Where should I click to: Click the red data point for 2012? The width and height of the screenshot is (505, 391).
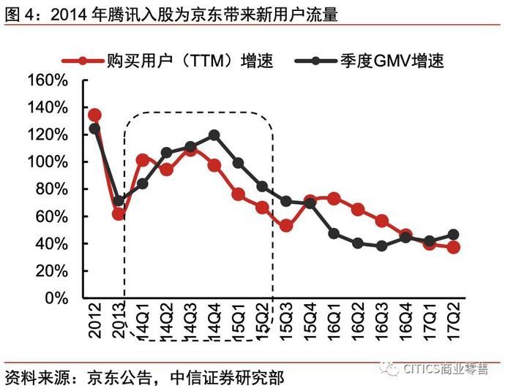click(x=94, y=115)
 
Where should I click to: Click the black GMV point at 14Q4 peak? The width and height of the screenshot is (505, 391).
click(x=214, y=135)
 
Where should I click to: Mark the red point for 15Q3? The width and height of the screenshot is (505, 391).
click(x=286, y=226)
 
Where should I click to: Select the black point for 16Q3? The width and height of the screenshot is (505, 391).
click(x=381, y=246)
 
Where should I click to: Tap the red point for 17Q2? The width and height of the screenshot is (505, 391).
click(x=453, y=247)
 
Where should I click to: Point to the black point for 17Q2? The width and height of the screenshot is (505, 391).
click(x=453, y=235)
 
